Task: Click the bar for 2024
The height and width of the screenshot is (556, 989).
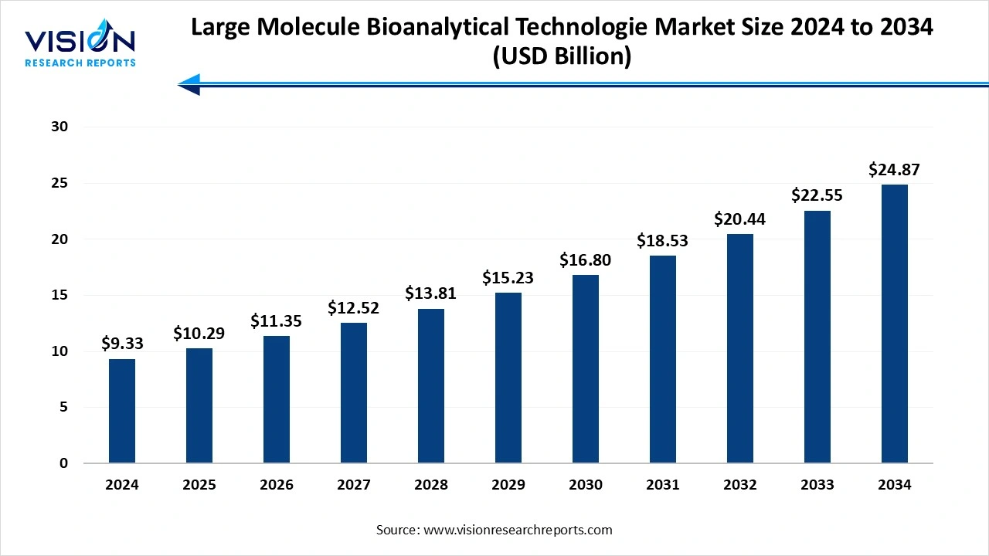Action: tap(122, 411)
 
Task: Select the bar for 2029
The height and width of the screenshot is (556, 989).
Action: tap(508, 378)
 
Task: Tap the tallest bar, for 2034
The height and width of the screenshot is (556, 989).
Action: tap(895, 324)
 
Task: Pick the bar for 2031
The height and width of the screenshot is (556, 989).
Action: tap(663, 359)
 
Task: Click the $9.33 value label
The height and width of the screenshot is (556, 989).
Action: tap(122, 343)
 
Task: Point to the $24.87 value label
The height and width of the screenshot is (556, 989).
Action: tap(895, 169)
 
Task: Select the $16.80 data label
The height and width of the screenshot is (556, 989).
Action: tap(586, 259)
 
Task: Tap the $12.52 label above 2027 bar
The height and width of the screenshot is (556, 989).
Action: tap(354, 307)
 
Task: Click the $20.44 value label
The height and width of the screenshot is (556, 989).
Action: tap(740, 219)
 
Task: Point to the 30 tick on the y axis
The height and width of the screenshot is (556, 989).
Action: tap(59, 127)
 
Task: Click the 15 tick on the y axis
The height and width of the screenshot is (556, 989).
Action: tap(59, 295)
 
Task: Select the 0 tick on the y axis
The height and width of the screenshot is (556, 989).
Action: tap(64, 463)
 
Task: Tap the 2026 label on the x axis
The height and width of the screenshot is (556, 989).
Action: tap(277, 485)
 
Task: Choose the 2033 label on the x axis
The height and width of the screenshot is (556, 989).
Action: tap(817, 485)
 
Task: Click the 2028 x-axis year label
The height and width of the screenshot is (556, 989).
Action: tap(431, 485)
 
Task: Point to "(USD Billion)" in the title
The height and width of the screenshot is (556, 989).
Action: tap(562, 56)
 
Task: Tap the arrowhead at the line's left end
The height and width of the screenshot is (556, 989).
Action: tap(189, 83)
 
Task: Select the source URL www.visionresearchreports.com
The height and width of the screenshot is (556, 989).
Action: tap(517, 530)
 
